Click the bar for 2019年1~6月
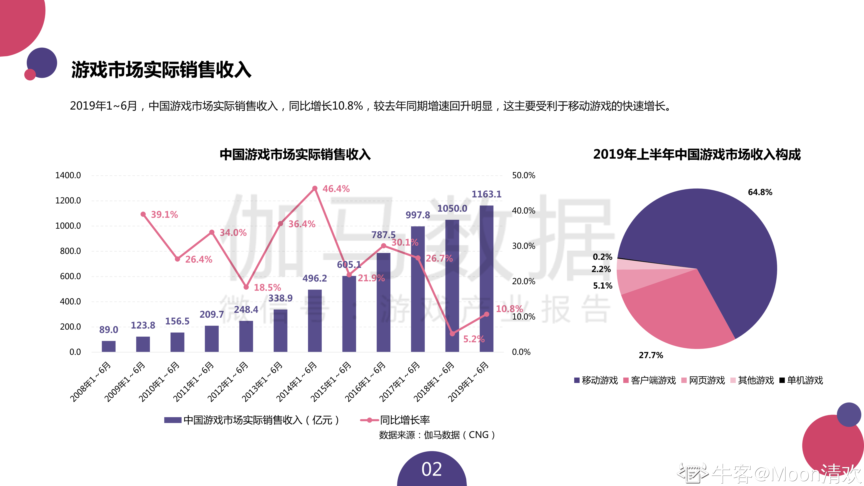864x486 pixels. point(486,278)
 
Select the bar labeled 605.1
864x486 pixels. point(349,314)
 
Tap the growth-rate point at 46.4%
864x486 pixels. point(315,189)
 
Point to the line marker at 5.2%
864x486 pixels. point(452,333)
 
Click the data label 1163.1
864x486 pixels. point(486,194)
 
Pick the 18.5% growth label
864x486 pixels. point(267,288)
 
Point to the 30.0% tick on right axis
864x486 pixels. point(523,246)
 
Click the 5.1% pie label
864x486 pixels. point(602,286)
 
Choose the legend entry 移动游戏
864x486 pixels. point(596,380)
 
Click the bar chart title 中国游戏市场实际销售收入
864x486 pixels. point(295,155)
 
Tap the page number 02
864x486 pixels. point(432,469)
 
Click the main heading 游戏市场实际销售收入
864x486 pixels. point(161,70)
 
